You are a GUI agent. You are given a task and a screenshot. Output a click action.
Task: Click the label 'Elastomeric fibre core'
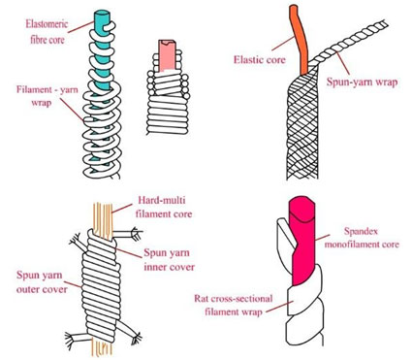47,32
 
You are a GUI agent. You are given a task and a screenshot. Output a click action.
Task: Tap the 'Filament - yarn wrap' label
48,96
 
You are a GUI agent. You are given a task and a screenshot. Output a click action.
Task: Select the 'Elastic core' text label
260,60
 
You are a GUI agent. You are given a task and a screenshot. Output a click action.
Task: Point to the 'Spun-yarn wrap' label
362,82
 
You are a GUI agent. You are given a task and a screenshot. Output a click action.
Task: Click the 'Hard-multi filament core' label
164,207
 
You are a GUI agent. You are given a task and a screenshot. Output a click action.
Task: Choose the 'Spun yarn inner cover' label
169,260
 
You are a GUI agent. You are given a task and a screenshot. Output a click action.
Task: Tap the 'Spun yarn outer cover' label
42,282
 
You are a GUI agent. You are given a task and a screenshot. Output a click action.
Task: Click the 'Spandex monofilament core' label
362,238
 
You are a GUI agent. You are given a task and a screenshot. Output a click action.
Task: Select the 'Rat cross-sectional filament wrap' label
234,305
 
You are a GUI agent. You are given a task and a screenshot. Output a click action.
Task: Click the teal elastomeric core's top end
102,15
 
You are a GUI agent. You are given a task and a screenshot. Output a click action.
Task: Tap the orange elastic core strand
301,39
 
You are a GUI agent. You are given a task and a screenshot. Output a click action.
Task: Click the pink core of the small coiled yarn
167,55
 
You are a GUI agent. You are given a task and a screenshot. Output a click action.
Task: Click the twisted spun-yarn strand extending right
348,41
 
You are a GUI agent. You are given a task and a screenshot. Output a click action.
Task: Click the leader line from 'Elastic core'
283,44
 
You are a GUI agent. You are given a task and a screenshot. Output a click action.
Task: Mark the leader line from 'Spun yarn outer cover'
76,284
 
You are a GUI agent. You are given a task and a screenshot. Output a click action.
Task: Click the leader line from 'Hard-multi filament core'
122,209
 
